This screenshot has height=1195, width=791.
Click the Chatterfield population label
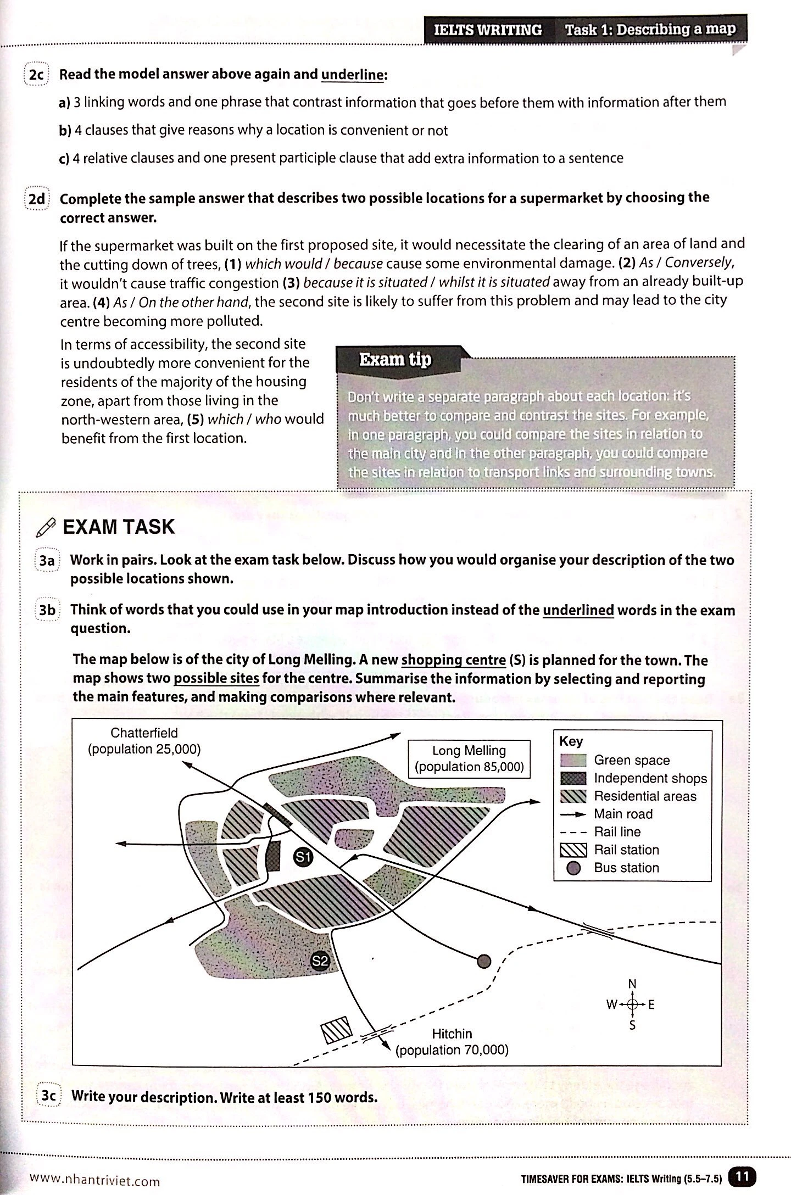144,741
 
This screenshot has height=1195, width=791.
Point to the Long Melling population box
469,758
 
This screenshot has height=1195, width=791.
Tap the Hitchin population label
452,1042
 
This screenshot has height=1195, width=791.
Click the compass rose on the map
632,1004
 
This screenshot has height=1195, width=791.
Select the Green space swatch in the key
573,761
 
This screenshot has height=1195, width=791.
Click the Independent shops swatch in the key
573,778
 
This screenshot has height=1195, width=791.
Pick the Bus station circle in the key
573,868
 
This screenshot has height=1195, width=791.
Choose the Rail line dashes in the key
573,832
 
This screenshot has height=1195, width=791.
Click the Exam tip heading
395,360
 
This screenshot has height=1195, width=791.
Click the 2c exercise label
36,75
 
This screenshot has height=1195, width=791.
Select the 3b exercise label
47,611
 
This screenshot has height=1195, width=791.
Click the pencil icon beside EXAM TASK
45,528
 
